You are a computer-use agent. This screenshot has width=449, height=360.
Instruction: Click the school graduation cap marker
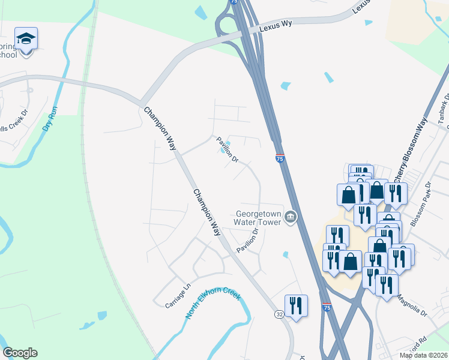26,40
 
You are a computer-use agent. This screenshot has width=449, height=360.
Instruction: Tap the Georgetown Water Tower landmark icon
291,217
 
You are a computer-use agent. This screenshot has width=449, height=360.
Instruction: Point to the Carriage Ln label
178,295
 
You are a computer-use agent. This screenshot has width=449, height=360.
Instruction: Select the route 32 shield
279,314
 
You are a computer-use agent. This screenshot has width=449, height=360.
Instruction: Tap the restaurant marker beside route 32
296,306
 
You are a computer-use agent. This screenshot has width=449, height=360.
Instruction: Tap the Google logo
20,353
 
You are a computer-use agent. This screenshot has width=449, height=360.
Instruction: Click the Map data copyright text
424,355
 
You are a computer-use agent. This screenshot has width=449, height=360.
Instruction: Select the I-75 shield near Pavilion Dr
280,158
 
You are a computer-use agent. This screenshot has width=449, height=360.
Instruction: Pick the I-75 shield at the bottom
327,307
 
